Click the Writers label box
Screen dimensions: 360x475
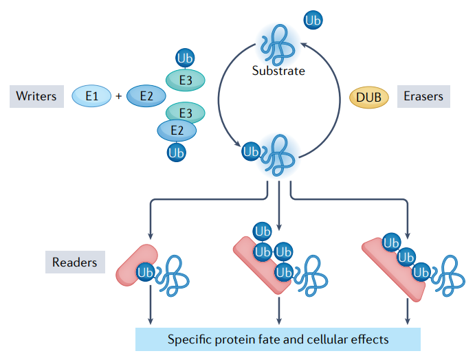pos(36,96)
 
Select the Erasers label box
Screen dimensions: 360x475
pos(423,96)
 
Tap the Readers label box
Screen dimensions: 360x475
pos(74,262)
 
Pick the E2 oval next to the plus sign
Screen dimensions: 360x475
pos(146,97)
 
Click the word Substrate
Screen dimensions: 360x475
pos(278,70)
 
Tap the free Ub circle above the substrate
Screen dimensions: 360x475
pos(313,21)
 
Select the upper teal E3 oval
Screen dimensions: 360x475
pos(186,80)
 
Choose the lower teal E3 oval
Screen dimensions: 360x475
pos(186,112)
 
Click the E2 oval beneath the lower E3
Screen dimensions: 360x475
pos(177,129)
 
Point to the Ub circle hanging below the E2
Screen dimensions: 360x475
pos(177,153)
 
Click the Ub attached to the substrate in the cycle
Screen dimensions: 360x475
pos(252,150)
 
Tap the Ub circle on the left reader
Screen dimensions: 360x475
pos(145,272)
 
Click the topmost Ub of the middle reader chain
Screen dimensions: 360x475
pos(262,231)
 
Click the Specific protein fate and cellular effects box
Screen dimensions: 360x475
pos(278,339)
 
